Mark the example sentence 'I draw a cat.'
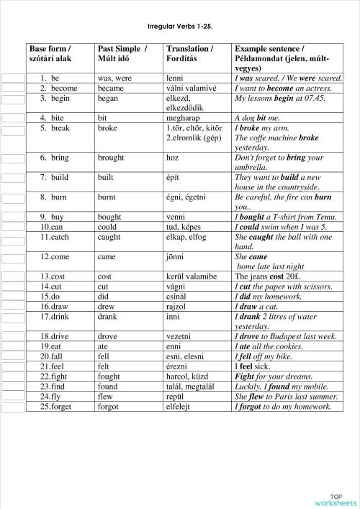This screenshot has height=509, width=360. [258, 305]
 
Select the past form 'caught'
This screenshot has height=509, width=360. [112, 235]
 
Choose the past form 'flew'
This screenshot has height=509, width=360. [107, 396]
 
